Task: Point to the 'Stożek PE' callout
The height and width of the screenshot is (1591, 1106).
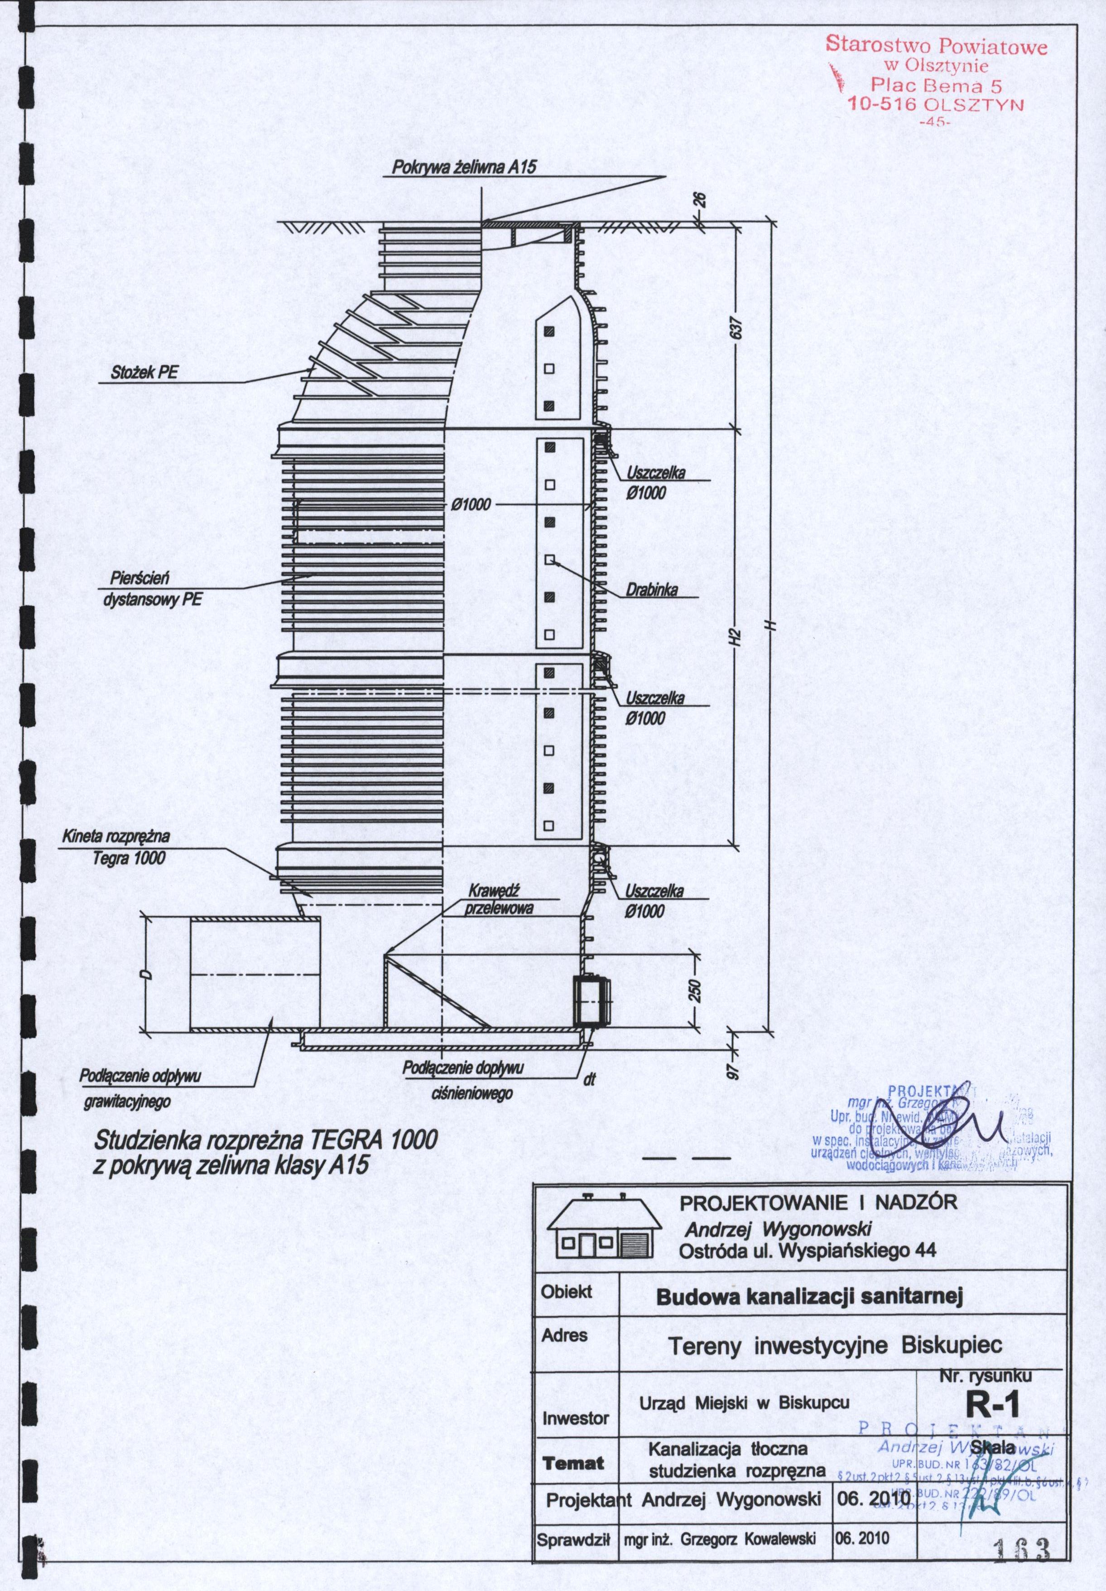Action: click(x=144, y=372)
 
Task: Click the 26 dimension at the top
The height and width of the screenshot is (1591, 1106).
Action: click(x=700, y=199)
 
